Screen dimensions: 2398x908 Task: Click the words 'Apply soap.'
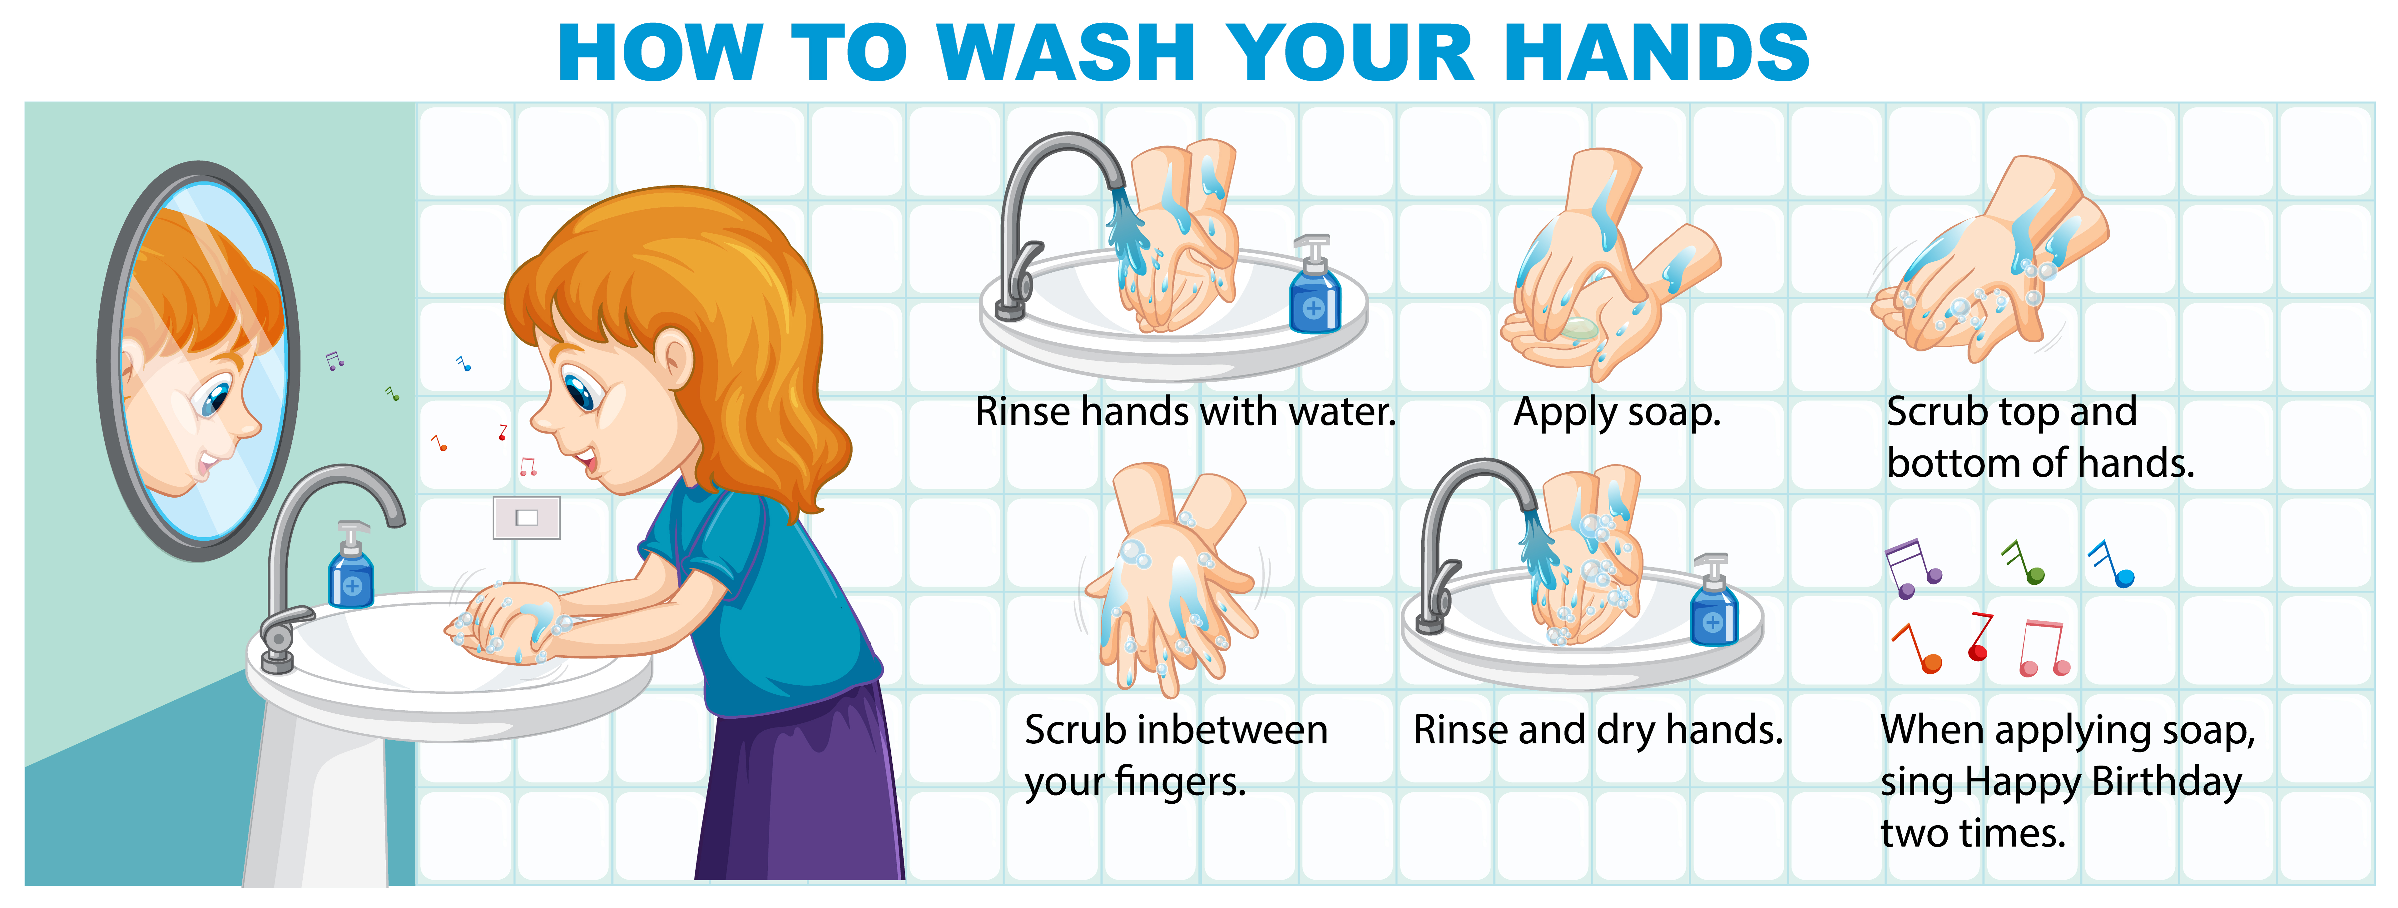[1617, 413]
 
